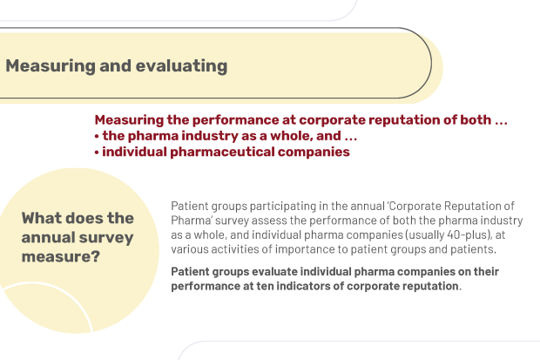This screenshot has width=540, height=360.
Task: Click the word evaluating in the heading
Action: tap(181, 66)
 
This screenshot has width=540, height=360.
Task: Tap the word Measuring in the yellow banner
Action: tap(51, 66)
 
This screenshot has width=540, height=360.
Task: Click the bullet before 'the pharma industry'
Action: tap(97, 137)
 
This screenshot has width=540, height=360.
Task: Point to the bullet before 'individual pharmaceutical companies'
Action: tap(97, 153)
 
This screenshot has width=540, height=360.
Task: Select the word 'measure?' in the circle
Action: tap(61, 256)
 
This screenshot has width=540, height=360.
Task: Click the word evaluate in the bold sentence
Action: tap(274, 272)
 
